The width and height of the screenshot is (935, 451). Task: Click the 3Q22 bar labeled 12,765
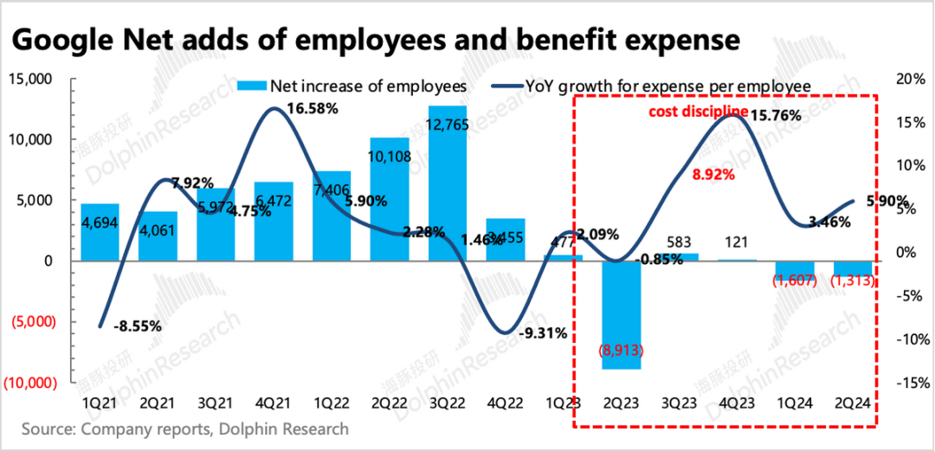pos(448,183)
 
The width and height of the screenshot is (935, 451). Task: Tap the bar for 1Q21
pos(100,232)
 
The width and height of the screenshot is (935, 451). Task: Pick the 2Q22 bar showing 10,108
pos(390,199)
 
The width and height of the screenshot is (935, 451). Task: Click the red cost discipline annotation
pos(699,112)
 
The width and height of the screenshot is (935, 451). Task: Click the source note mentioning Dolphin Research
pos(185,429)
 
